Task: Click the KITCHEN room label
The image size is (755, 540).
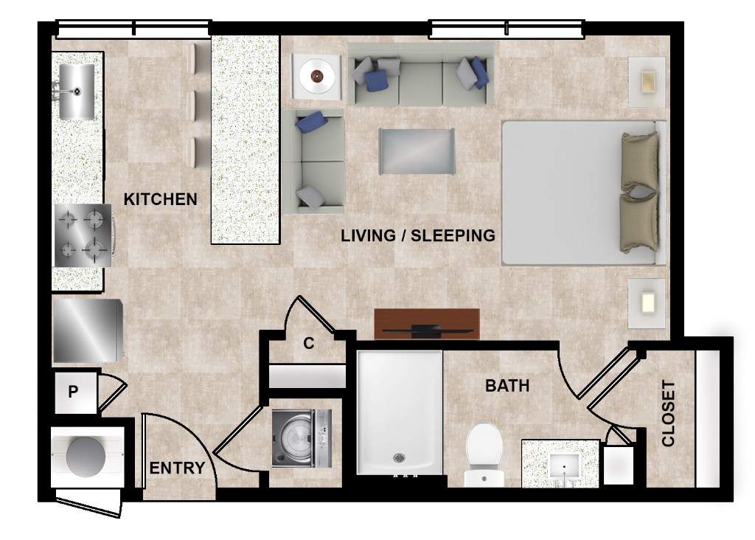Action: pyautogui.click(x=160, y=199)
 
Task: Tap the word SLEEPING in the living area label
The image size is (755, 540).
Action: pyautogui.click(x=453, y=235)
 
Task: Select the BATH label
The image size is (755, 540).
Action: pyautogui.click(x=507, y=385)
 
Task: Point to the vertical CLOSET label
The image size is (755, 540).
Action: pyautogui.click(x=668, y=413)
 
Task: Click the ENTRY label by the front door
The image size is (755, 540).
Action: pyautogui.click(x=177, y=468)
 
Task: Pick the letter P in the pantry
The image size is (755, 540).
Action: pyautogui.click(x=73, y=392)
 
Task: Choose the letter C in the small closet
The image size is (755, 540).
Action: pyautogui.click(x=309, y=343)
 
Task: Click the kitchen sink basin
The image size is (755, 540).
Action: pyautogui.click(x=77, y=91)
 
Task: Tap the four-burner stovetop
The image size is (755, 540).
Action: pyautogui.click(x=83, y=235)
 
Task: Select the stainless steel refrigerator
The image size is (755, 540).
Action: pyautogui.click(x=87, y=330)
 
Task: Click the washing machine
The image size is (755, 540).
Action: pyautogui.click(x=302, y=438)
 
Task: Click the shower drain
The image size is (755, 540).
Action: pyautogui.click(x=399, y=457)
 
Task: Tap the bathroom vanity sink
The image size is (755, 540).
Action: pyautogui.click(x=564, y=466)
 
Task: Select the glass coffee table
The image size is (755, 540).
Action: pyautogui.click(x=417, y=151)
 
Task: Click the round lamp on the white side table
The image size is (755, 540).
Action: pyautogui.click(x=316, y=76)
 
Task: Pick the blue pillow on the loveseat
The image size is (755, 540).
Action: pyautogui.click(x=311, y=122)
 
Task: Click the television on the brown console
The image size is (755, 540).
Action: pyautogui.click(x=427, y=330)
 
